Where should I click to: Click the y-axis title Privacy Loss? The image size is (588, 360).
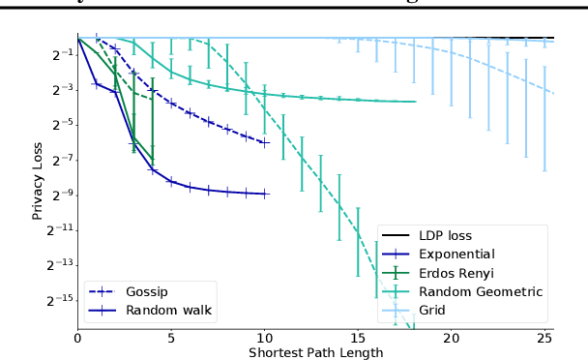click(38, 179)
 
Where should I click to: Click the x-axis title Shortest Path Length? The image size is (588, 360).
click(315, 352)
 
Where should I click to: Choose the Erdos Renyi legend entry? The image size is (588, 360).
click(458, 273)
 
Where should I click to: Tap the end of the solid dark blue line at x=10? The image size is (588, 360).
click(265, 194)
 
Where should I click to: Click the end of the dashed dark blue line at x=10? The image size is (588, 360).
click(265, 141)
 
